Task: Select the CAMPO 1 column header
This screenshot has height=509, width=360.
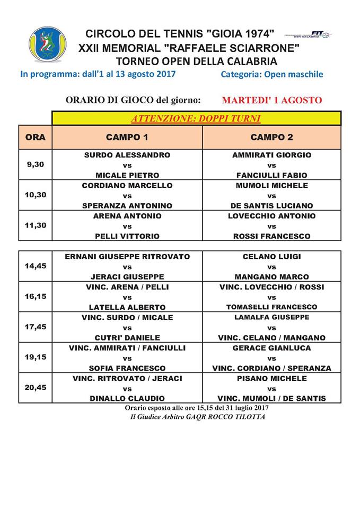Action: click(x=127, y=137)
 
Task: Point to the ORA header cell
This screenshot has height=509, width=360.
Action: click(x=36, y=137)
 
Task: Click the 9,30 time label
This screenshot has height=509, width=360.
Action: click(x=36, y=164)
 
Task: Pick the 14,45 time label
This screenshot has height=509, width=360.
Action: click(x=36, y=266)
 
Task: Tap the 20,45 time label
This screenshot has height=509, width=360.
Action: click(x=36, y=388)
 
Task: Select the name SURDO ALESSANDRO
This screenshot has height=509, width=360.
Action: click(x=127, y=155)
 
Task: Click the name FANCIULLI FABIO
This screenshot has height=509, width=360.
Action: click(x=271, y=175)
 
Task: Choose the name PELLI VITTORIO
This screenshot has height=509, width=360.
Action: click(x=127, y=236)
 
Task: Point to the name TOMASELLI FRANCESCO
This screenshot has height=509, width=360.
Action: click(x=271, y=307)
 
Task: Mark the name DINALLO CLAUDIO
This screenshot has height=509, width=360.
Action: click(x=127, y=398)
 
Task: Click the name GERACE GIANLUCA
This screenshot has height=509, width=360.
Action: click(x=271, y=348)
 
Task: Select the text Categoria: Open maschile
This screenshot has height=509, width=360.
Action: click(x=271, y=74)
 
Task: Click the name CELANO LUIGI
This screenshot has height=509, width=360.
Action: click(x=271, y=257)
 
